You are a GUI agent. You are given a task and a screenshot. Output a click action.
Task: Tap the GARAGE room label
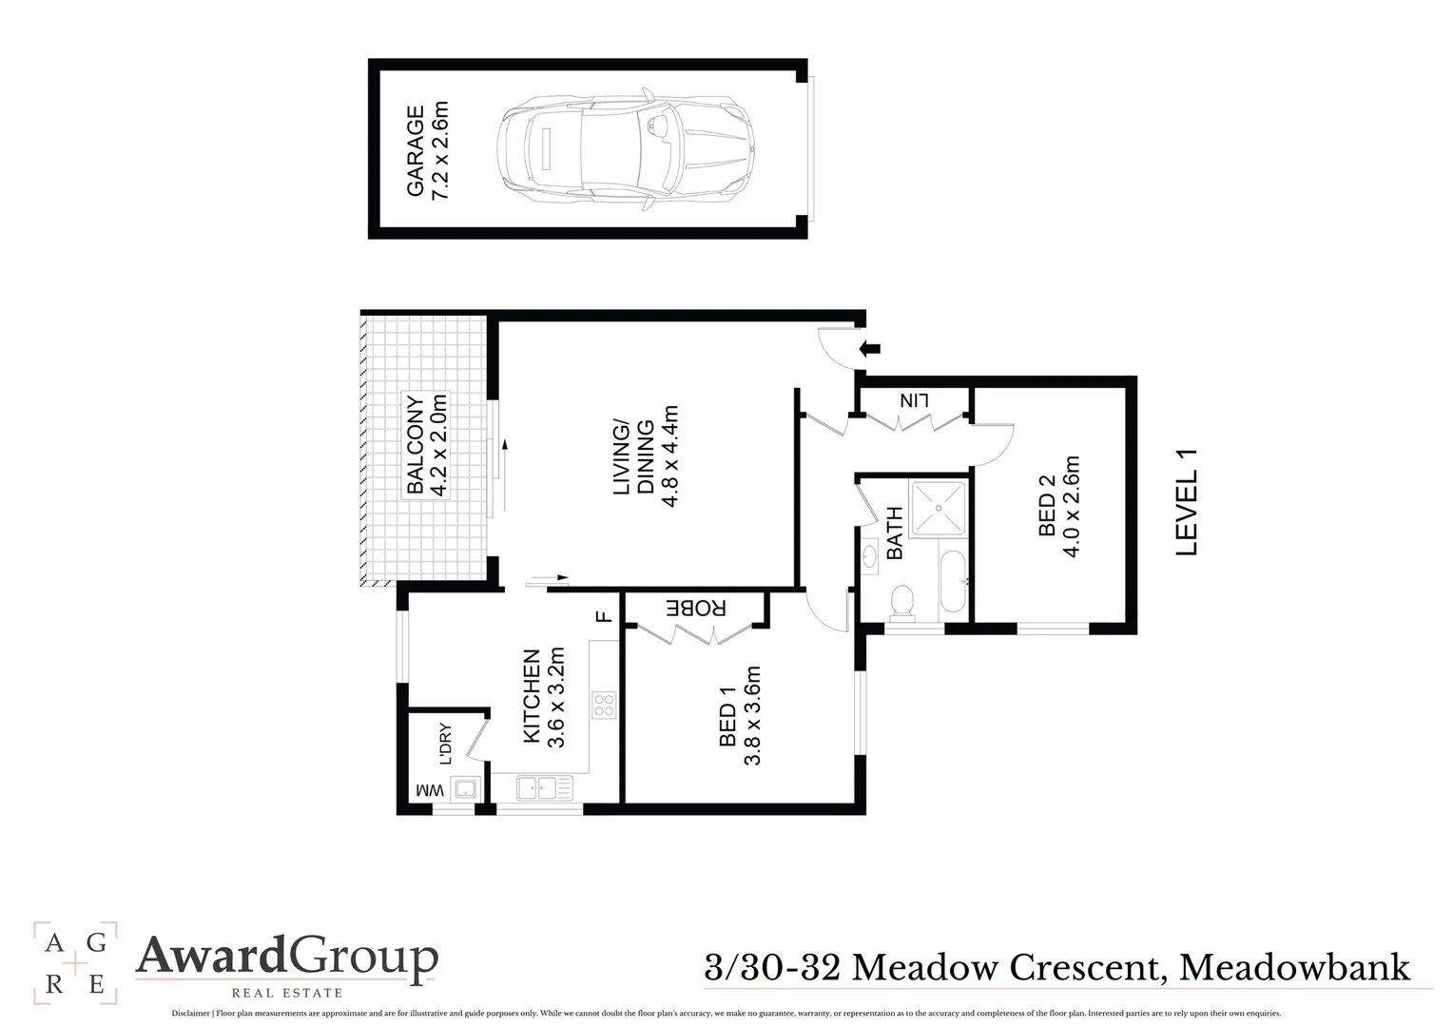click(427, 152)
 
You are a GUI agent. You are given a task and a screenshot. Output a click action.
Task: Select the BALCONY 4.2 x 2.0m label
click(427, 445)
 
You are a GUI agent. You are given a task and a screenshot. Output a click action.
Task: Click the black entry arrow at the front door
click(868, 348)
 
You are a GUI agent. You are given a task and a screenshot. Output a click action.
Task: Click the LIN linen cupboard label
click(913, 401)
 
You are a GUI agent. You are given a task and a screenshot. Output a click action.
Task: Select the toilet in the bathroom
click(902, 601)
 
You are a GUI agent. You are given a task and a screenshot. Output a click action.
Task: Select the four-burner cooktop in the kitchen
click(604, 705)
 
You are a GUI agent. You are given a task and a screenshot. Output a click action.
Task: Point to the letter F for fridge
click(602, 615)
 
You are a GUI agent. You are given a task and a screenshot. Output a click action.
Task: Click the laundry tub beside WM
click(464, 788)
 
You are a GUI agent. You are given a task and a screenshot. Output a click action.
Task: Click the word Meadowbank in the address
click(1294, 967)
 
